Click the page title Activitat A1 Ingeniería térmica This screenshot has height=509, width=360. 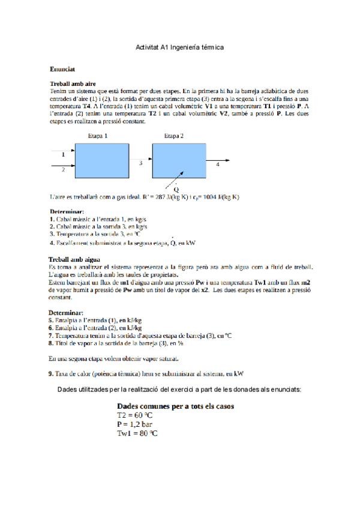click(180, 47)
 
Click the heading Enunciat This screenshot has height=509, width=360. click(62, 70)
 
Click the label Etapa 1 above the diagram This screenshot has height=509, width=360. click(97, 136)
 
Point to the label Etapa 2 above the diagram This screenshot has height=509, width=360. click(174, 136)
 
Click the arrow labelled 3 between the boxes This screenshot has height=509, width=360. click(142, 158)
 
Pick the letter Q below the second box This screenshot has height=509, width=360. click(176, 189)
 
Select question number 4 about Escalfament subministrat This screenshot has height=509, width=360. click(122, 243)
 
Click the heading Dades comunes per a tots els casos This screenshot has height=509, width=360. click(175, 406)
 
